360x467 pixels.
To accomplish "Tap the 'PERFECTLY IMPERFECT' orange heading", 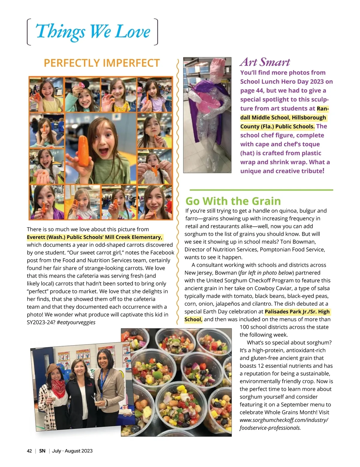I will point(102,63).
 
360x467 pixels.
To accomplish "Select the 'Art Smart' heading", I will point(265,62).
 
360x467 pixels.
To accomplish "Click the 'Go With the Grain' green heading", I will point(233,201).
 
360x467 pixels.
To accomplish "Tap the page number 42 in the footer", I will point(29,451).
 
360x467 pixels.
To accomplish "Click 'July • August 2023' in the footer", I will point(72,451).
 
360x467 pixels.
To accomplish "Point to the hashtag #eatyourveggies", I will point(76,322).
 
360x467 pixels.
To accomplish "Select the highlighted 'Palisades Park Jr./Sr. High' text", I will point(297,312).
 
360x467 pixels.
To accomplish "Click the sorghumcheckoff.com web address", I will point(283,420).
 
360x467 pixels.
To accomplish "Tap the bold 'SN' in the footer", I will point(42,451).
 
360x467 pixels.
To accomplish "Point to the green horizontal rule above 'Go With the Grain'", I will point(261,190).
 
